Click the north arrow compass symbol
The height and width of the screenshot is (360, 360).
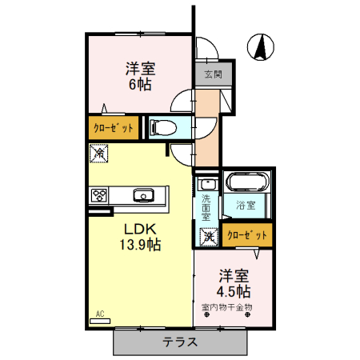coord(260,48)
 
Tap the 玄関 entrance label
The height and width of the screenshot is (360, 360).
coord(212,76)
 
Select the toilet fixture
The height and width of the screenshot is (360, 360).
coord(161,126)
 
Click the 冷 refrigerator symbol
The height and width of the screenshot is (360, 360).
coord(99,151)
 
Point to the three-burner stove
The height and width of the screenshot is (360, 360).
coord(100,194)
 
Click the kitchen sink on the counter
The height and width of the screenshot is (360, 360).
coord(145,194)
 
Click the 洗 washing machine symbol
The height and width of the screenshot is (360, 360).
coord(208,236)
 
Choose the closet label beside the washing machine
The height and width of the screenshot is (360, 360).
coord(245,235)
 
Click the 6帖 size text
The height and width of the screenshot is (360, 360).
coord(137,83)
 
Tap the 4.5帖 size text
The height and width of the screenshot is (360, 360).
coord(235,290)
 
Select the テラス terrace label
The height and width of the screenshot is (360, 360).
coord(182,342)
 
